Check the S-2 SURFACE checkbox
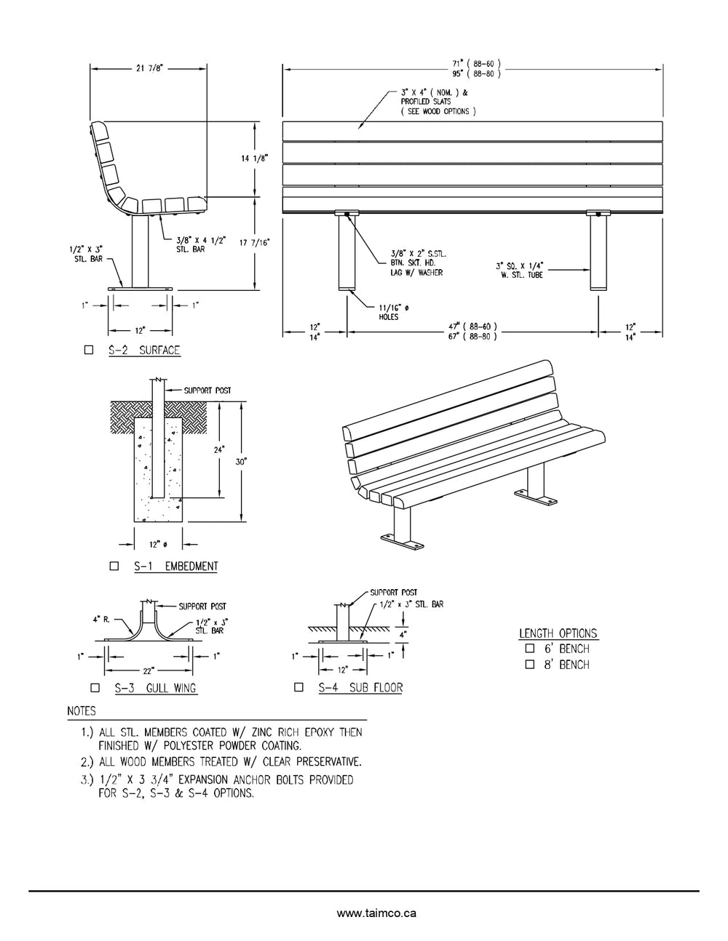click(x=89, y=350)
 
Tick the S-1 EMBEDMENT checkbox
click(x=114, y=566)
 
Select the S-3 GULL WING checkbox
click(x=95, y=687)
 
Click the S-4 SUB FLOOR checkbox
click(x=298, y=687)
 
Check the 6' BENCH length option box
click(x=529, y=649)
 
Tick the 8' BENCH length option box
click(x=529, y=665)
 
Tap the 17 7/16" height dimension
click(x=254, y=243)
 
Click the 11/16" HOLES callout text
click(x=392, y=313)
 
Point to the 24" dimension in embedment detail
click(x=218, y=449)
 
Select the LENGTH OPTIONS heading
click(x=558, y=633)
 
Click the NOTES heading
click(x=81, y=710)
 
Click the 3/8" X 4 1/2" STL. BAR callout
click(x=191, y=243)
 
